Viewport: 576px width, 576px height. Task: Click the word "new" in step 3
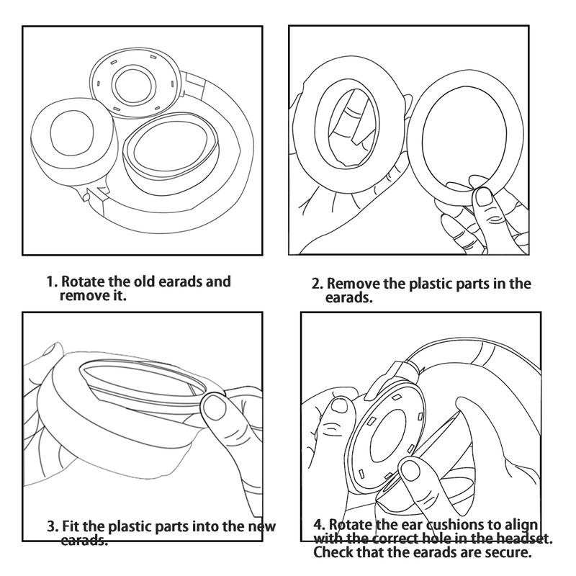click(x=261, y=526)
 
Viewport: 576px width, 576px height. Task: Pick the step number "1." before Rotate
click(x=52, y=282)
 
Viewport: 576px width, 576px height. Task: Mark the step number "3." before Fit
click(x=53, y=526)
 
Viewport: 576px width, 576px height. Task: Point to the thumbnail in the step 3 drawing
click(x=214, y=410)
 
